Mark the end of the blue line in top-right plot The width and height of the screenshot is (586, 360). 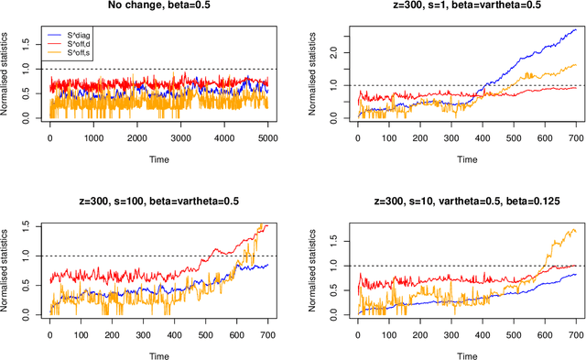576,28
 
